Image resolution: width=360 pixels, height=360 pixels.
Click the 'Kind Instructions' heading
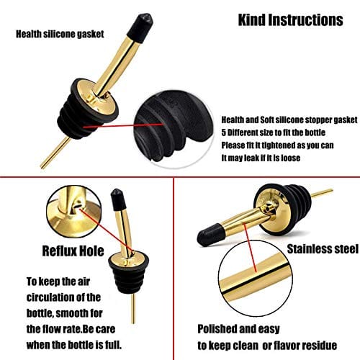point(290,20)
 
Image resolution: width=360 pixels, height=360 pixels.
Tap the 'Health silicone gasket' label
point(60,34)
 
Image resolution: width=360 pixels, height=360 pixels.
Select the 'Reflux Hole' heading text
point(73,251)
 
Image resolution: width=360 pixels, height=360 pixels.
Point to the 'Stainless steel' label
point(323,249)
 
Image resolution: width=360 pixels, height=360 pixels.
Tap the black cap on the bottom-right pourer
point(210,235)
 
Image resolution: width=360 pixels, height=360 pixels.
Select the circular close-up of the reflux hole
point(74,212)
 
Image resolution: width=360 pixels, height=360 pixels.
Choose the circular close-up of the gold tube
point(256,279)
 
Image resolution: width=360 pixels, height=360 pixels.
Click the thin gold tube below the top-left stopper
point(55,153)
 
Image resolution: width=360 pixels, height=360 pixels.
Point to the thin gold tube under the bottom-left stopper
point(133,308)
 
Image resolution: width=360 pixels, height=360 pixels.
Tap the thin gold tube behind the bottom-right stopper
point(322,194)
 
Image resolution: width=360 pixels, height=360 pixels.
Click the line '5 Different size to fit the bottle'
point(273,132)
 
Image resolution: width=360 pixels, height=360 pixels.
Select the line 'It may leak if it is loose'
point(261,158)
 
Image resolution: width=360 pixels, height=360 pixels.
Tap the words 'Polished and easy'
point(238,329)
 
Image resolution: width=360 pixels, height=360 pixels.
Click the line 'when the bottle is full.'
point(74,345)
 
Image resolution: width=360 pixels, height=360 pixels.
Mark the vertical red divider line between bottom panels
point(174,269)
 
